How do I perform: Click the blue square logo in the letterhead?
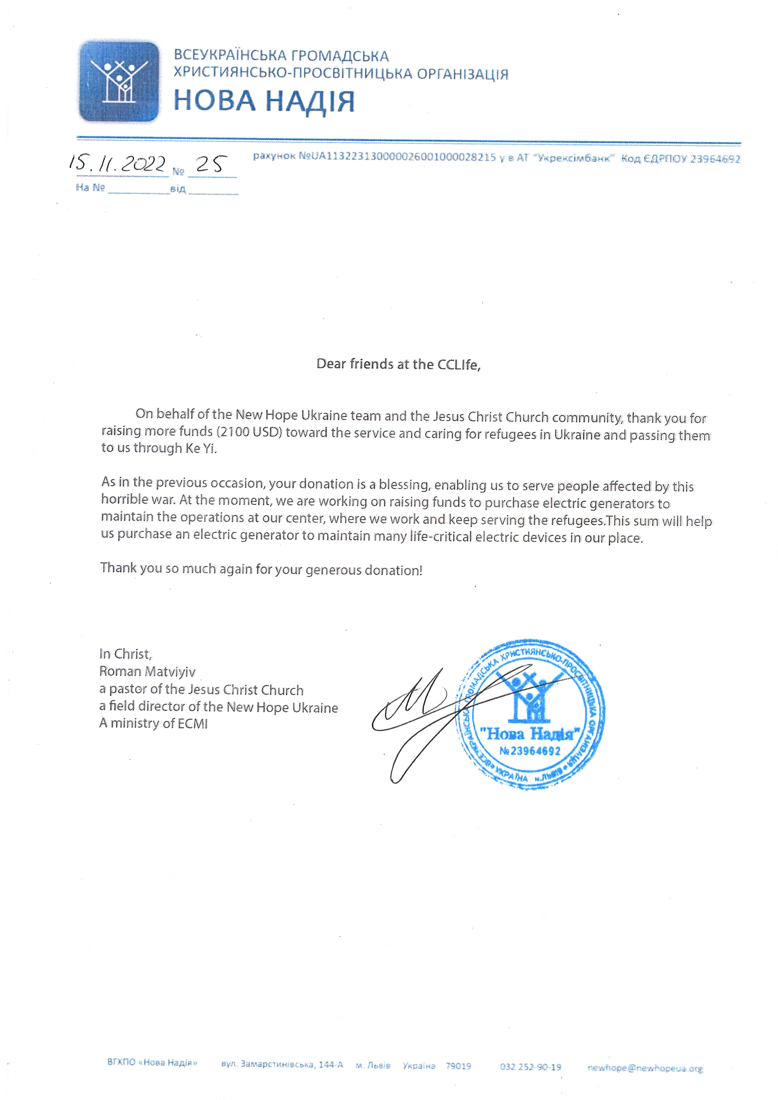[x=119, y=81]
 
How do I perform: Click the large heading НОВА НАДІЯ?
[x=264, y=101]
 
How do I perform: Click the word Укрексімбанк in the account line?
[x=575, y=158]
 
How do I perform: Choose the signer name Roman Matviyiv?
[x=147, y=672]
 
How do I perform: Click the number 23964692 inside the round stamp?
[x=535, y=751]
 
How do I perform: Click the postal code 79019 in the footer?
[x=458, y=1066]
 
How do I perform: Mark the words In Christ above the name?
[x=125, y=654]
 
